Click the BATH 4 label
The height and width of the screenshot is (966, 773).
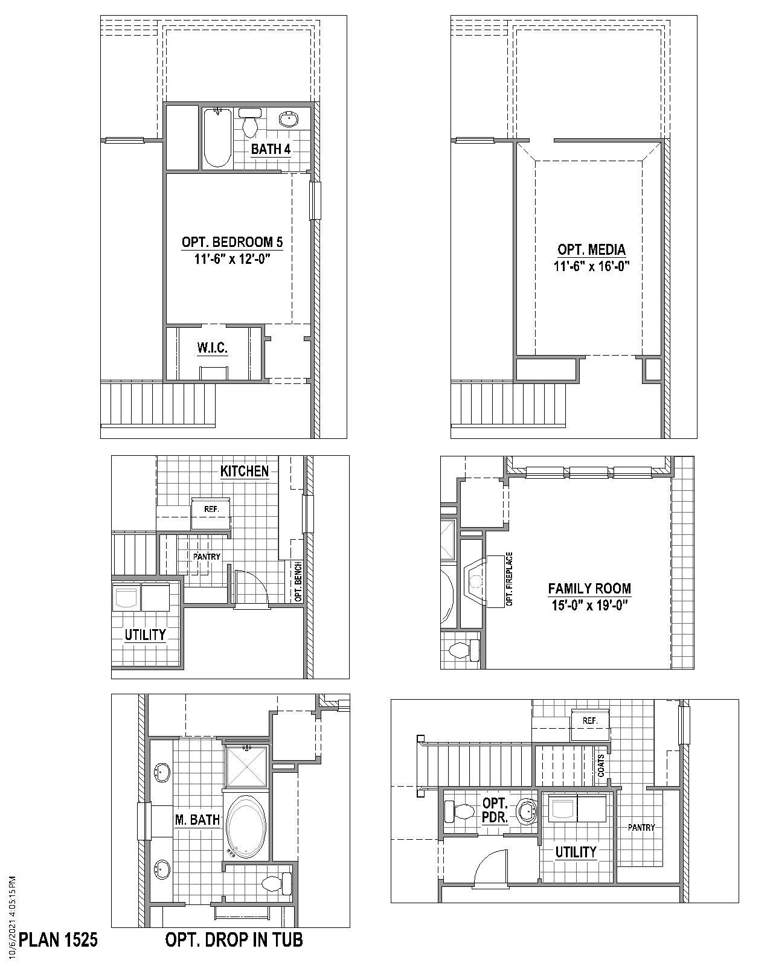pos(271,149)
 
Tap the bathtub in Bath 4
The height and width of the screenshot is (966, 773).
pos(217,137)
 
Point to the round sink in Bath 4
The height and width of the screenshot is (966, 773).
pos(289,120)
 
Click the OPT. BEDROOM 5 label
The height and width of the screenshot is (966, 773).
pos(232,242)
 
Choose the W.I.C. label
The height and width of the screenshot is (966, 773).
pos(212,348)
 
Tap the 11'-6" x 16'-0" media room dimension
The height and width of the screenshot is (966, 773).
pos(591,266)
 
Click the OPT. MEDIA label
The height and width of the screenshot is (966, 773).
pos(591,249)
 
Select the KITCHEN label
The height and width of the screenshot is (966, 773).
pos(245,471)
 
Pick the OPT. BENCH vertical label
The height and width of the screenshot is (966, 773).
pos(298,581)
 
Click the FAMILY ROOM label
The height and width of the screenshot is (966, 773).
pos(589,588)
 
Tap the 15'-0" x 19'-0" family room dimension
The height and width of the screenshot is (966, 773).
pos(589,605)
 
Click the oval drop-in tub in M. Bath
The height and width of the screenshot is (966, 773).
pos(248,825)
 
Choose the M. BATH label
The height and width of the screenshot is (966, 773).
pos(197,819)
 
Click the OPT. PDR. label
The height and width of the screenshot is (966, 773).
pos(495,810)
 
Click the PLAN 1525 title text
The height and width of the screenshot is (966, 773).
pos(58,939)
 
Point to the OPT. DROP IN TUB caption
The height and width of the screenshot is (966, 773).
pos(234,939)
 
